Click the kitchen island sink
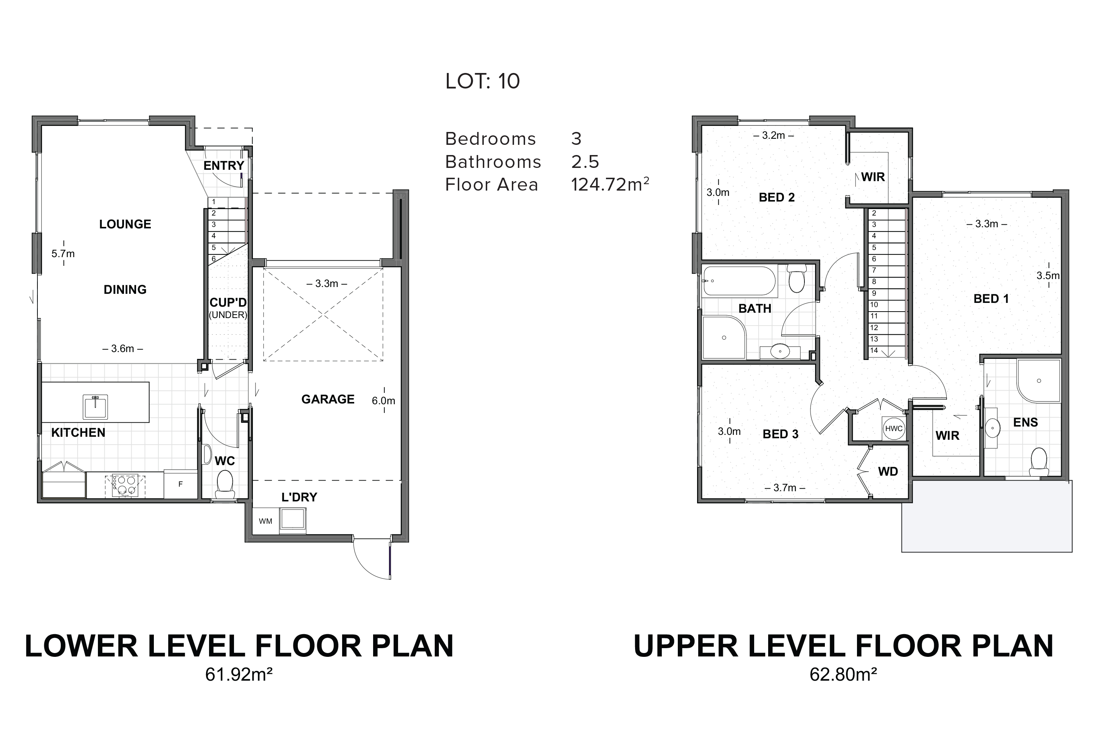(x=95, y=407)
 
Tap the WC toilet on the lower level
(x=225, y=485)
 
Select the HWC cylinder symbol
(x=894, y=428)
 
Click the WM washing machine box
(x=265, y=521)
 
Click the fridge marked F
(x=181, y=484)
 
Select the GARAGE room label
(x=328, y=399)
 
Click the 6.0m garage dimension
(x=383, y=401)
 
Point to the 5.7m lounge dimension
(x=63, y=254)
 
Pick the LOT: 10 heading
(x=482, y=81)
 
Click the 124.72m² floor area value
(x=610, y=185)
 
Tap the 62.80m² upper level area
(x=843, y=675)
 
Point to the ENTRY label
(x=224, y=166)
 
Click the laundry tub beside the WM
(x=293, y=521)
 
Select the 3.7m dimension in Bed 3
(x=785, y=488)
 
